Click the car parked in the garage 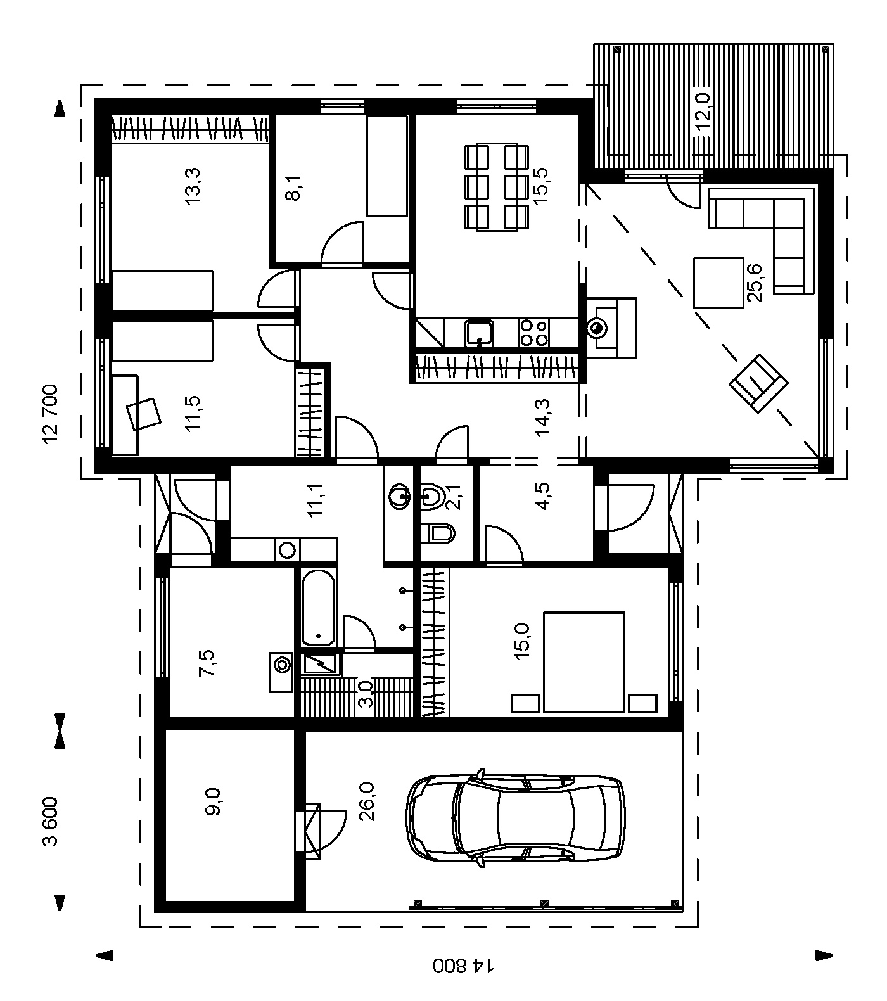tap(514, 817)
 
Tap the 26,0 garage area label tap(366, 801)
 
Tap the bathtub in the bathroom tap(318, 608)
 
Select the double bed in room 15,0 tap(584, 662)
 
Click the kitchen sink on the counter tap(480, 333)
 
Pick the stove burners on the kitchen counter tap(533, 333)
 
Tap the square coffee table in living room tap(718, 283)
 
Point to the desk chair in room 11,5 tap(144, 414)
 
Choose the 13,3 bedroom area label tap(192, 185)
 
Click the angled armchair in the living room tap(758, 384)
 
